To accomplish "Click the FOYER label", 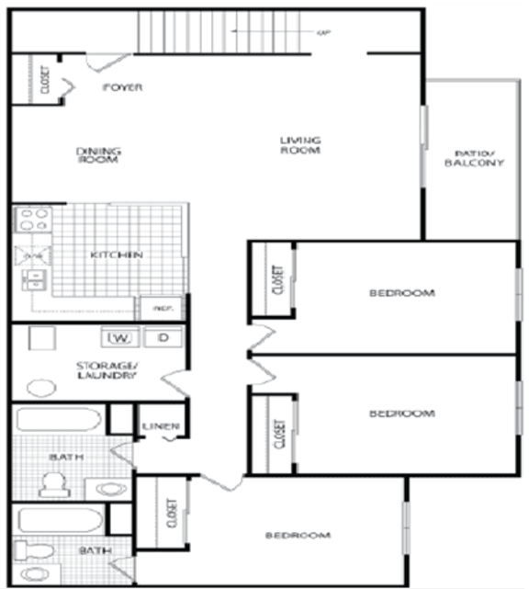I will [x=124, y=87].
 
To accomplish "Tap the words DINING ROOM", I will [x=98, y=154].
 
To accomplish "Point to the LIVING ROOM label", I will [x=300, y=144].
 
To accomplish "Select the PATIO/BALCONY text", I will [x=474, y=158].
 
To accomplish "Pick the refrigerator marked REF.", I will [x=156, y=309].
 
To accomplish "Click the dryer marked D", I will [x=163, y=338].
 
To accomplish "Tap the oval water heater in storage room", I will [x=40, y=387].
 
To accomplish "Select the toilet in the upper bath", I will [x=52, y=481].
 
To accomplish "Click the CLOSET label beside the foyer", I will [x=44, y=80].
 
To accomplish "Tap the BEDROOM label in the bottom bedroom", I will [x=298, y=535].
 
